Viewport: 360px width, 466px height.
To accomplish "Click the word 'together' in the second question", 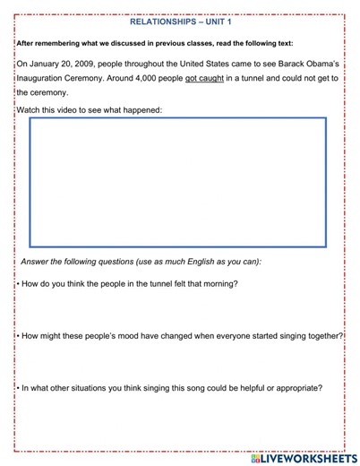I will tap(323, 335).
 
